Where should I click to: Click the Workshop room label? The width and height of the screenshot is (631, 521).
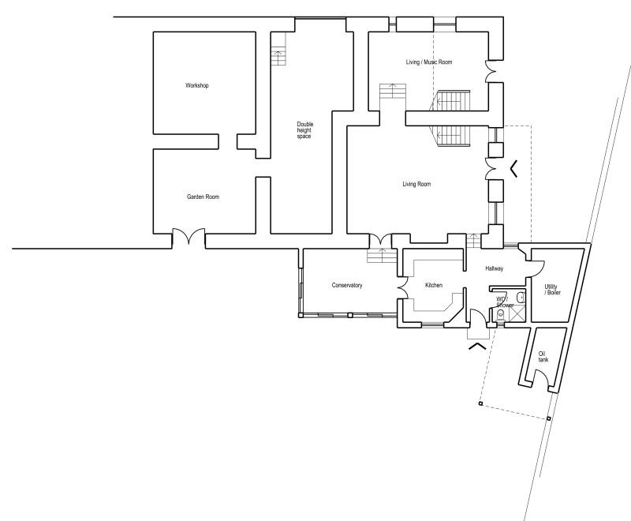[196, 85]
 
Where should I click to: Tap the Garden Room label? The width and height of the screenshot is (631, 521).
[203, 197]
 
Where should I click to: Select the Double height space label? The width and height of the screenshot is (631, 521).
[304, 130]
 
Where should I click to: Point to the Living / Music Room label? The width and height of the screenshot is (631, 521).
[429, 62]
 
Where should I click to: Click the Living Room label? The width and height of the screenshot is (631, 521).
[416, 184]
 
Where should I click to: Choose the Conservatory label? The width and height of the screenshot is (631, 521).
[347, 285]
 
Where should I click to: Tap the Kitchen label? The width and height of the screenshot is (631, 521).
[434, 285]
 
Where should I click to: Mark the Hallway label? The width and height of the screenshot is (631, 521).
[495, 268]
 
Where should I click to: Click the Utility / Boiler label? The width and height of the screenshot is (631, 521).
[552, 290]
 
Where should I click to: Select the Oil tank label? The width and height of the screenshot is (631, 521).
[543, 357]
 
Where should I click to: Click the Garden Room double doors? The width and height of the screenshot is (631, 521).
[189, 237]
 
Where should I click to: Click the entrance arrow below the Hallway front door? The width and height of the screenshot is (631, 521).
[477, 346]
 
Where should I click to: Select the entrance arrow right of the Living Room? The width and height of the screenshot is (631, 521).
[513, 168]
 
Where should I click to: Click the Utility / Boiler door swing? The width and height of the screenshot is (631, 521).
[538, 268]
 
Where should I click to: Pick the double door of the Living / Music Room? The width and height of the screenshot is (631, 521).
[491, 72]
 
